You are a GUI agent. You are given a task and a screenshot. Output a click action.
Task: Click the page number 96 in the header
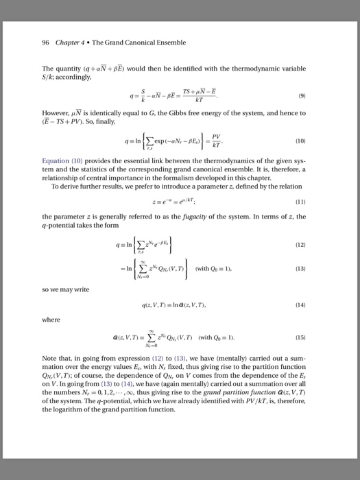click(x=45, y=43)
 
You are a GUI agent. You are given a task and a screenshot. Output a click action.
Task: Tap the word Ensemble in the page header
click(x=169, y=43)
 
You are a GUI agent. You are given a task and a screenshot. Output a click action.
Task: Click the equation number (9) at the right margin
click(x=313, y=95)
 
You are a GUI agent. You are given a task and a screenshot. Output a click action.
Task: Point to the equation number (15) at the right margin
click(x=312, y=337)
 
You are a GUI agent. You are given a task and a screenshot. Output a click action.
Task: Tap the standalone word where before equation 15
click(x=51, y=319)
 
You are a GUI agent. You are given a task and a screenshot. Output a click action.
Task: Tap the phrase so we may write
click(x=66, y=289)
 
